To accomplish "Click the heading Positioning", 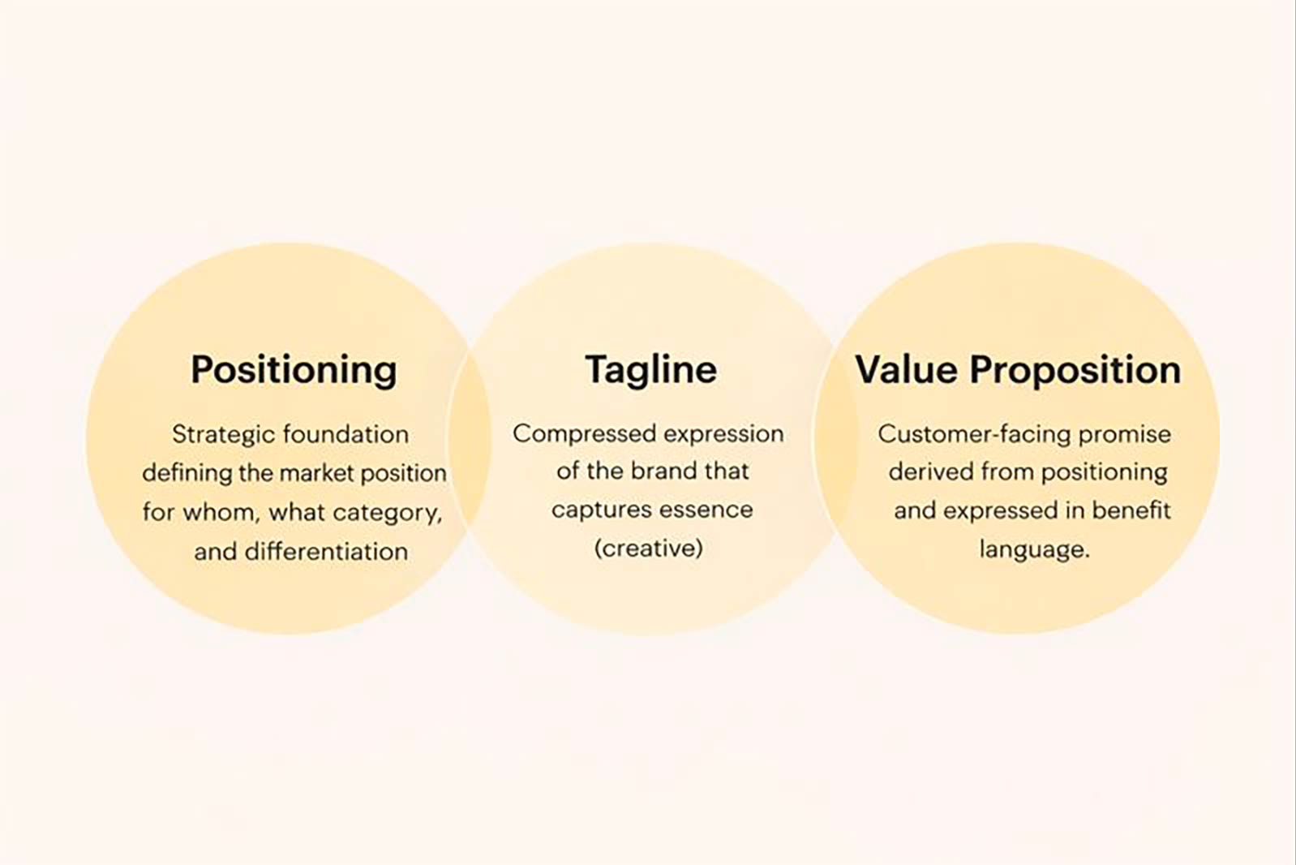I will tap(294, 370).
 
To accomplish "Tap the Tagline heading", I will tap(650, 370).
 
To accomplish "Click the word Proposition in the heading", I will tap(1075, 370).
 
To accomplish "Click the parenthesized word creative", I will tap(649, 549).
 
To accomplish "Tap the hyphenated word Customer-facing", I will tap(973, 434).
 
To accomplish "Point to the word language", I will tap(1034, 549).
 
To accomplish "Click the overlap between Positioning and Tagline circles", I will tap(470, 438).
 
